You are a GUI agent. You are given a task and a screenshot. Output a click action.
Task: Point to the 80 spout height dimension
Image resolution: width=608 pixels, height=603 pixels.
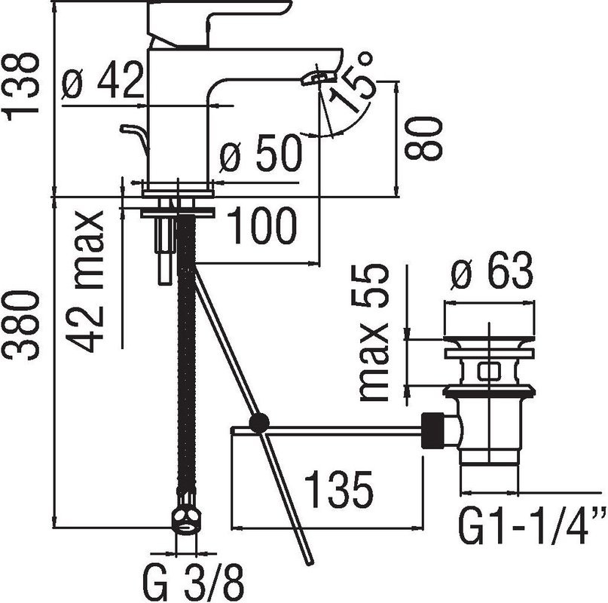click(426, 137)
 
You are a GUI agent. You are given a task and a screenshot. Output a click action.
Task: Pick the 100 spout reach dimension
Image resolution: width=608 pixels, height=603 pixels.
click(261, 227)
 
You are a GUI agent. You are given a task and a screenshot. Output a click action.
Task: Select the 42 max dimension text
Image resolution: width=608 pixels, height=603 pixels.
click(89, 281)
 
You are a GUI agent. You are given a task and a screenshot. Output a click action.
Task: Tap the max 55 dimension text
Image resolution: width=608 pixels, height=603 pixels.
click(374, 332)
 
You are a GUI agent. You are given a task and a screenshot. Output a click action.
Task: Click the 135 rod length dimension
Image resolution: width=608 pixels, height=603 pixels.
click(338, 491)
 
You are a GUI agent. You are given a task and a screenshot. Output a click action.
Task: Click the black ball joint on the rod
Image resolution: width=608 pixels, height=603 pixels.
click(258, 424)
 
